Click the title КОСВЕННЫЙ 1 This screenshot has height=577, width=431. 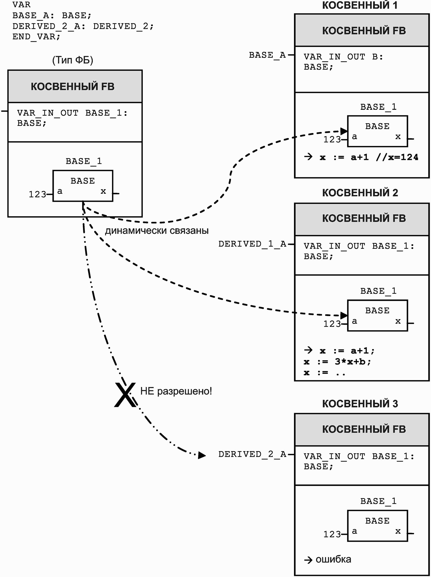point(360,5)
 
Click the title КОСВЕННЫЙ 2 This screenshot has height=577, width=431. point(360,193)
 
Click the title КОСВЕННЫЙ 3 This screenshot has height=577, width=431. point(360,404)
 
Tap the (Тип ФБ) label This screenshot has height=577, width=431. point(73,60)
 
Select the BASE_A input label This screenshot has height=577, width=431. point(267,55)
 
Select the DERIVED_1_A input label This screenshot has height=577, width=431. point(252,244)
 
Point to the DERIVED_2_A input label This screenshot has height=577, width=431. point(252,454)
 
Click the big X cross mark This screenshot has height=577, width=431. point(125,395)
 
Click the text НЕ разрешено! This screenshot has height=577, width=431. point(176,391)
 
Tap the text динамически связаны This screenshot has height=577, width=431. point(156,231)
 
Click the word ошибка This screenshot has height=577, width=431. point(333,559)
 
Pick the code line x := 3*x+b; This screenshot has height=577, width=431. point(337,362)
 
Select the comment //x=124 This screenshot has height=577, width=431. point(397,157)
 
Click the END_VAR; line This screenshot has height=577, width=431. point(36,37)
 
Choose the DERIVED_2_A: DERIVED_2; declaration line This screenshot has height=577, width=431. point(83,26)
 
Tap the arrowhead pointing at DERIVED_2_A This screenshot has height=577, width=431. point(202,455)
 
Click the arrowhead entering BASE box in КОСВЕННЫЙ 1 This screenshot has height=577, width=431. point(344,131)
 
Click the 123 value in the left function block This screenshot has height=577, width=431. point(37,194)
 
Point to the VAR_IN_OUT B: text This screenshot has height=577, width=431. point(343,57)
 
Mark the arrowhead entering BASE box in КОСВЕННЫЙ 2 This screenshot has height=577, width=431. point(344,315)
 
